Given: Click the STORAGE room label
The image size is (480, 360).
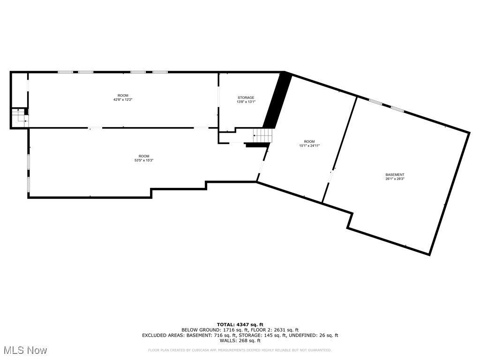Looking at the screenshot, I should tap(246, 97).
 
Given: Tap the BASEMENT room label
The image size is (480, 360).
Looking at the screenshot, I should tap(395, 175).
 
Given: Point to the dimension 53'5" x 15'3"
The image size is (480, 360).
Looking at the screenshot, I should tap(144, 160).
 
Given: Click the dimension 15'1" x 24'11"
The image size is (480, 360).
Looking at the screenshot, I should tap(309, 146).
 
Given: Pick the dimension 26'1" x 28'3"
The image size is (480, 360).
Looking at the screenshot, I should tap(395, 179).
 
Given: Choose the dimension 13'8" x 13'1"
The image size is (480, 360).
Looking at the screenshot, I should tap(246, 102).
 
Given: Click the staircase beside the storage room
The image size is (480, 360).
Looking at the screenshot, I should tap(263, 135).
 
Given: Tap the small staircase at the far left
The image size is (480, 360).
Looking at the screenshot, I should tap(19, 116).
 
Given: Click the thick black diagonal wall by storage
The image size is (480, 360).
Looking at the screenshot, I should tap(277, 101).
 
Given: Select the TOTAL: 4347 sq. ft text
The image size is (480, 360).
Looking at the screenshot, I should tap(240, 324).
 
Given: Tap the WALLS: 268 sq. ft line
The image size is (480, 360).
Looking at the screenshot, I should tap(240, 341).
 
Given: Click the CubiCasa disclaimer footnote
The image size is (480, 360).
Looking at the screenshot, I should tap(240, 350).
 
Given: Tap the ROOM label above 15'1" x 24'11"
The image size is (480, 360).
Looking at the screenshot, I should tap(309, 142).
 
